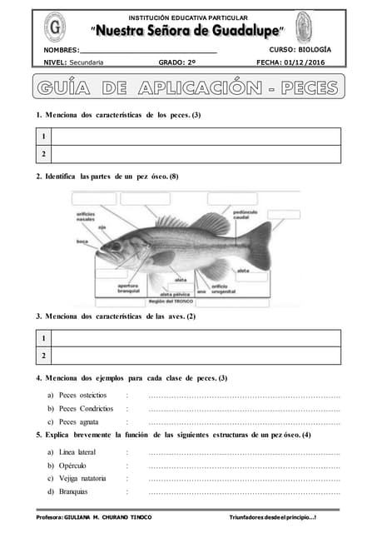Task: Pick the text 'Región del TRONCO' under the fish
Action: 171,301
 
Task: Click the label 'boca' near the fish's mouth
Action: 82,242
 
